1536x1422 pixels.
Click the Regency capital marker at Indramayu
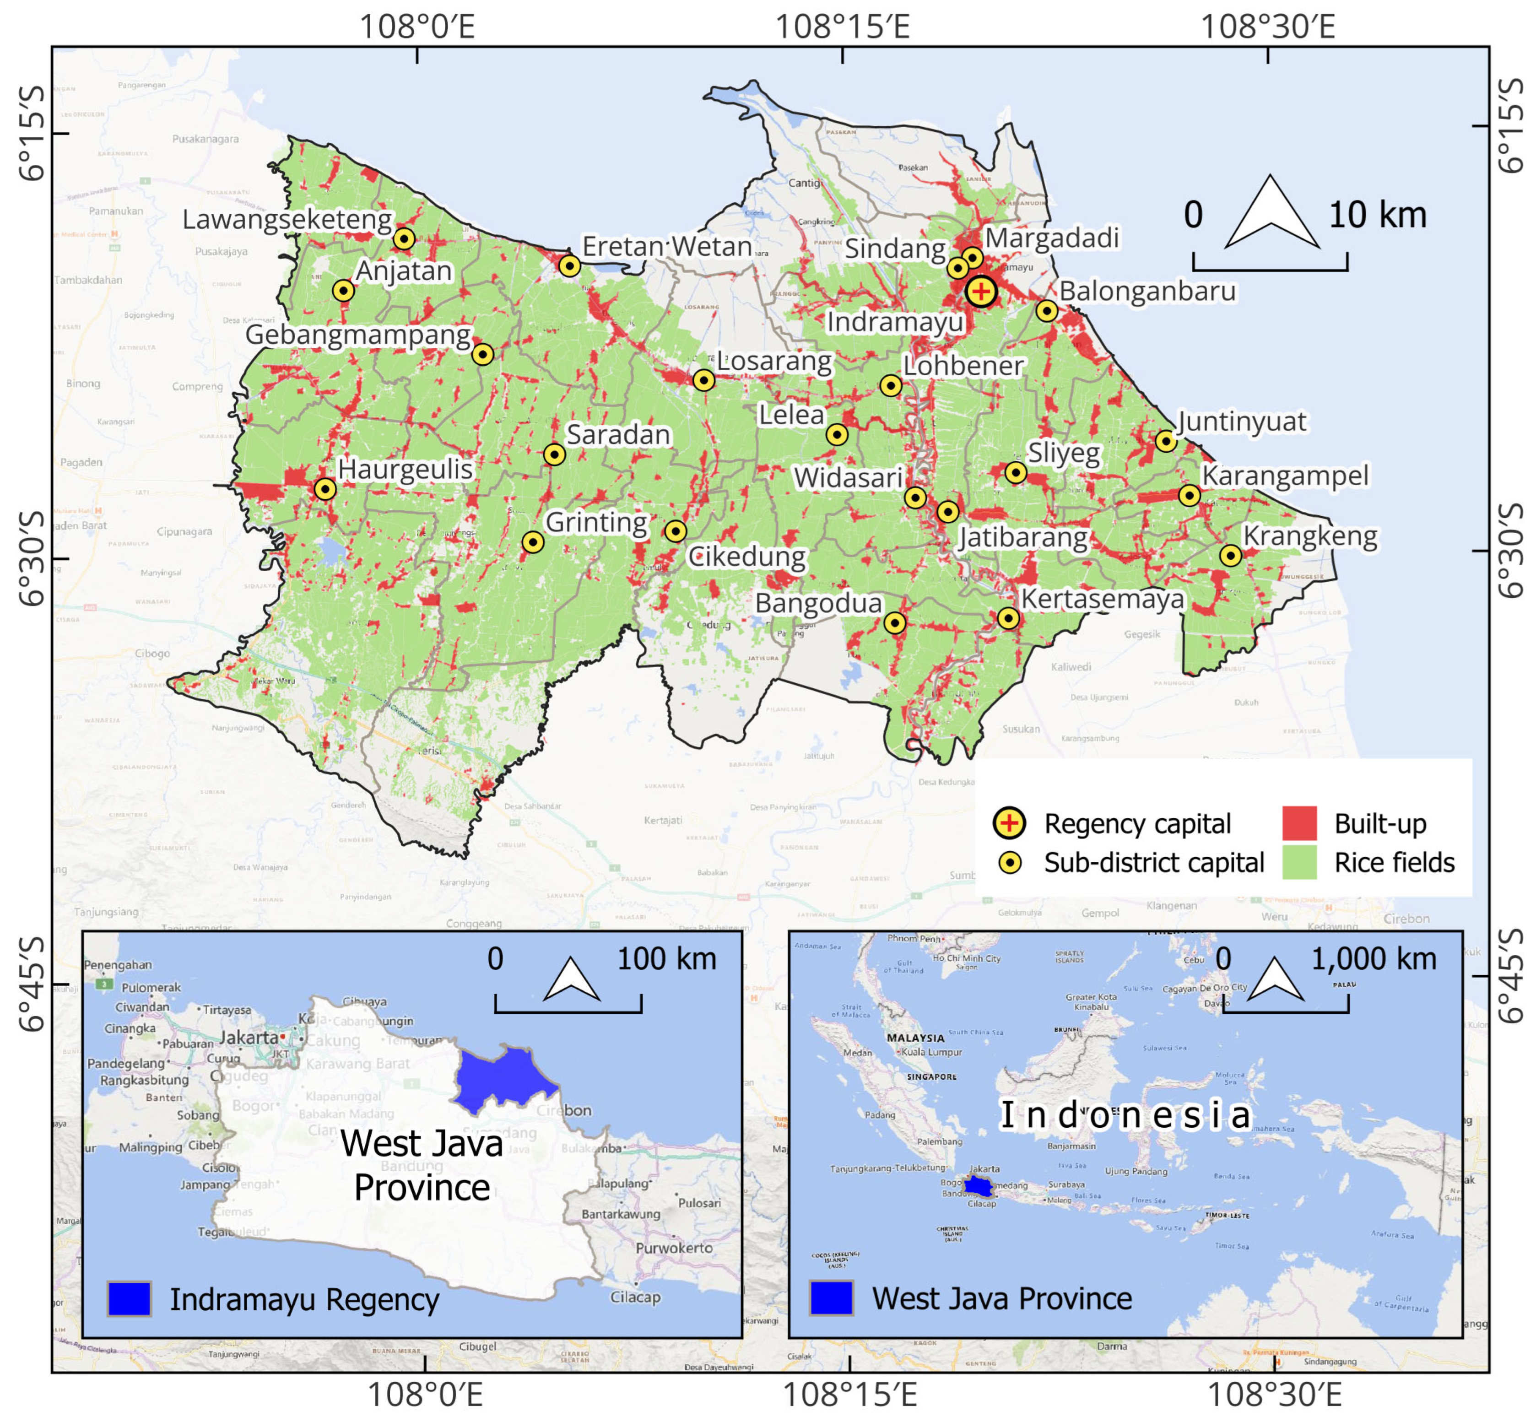pos(980,292)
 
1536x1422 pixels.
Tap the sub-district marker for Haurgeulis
pos(325,489)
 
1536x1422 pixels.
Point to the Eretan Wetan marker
pos(569,266)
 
